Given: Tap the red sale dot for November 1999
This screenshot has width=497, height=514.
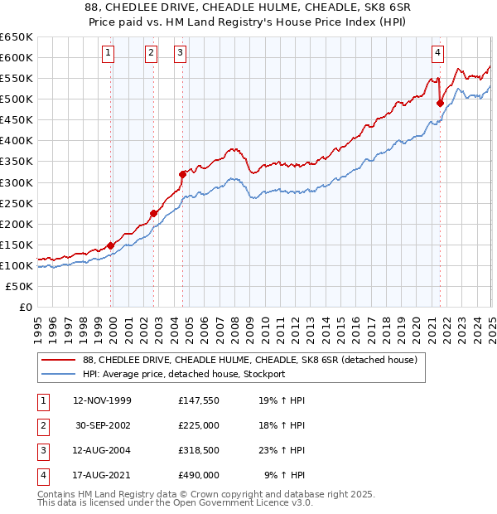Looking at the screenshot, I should (111, 245).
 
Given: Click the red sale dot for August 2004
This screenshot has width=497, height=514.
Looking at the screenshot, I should (182, 174).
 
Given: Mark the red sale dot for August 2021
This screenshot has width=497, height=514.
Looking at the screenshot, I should (440, 103).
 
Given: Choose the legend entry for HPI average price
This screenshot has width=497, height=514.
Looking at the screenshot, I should (184, 374).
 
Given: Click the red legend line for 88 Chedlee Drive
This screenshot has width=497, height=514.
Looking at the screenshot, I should (57, 360).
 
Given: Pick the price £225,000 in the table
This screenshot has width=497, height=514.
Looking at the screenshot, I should (199, 424).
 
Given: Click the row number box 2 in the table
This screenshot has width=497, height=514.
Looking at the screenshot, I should (43, 424).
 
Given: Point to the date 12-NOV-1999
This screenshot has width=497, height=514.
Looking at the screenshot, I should (103, 400).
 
